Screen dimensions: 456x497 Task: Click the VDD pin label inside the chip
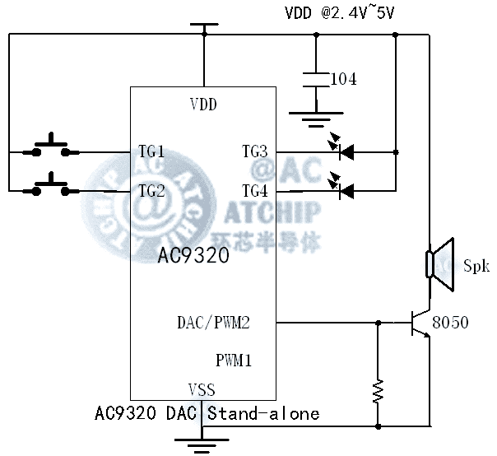(x=203, y=105)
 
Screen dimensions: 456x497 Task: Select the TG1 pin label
(x=151, y=151)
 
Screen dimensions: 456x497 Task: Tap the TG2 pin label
(x=151, y=190)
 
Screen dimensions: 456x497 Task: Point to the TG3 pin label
(x=254, y=151)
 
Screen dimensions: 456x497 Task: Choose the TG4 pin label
(x=254, y=190)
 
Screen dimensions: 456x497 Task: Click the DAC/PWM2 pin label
(x=214, y=323)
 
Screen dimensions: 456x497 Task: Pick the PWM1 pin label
(x=234, y=360)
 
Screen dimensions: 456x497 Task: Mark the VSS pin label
(x=202, y=390)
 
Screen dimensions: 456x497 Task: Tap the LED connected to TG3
(x=345, y=151)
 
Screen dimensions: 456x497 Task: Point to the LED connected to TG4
(x=345, y=190)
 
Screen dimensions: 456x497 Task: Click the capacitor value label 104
(x=343, y=79)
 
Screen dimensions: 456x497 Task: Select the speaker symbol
(x=439, y=264)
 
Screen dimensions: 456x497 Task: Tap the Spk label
(x=476, y=266)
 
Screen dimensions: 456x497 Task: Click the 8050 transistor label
(x=451, y=323)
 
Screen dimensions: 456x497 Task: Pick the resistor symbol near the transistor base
(x=378, y=390)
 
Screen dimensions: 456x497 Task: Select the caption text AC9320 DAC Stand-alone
(x=207, y=413)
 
